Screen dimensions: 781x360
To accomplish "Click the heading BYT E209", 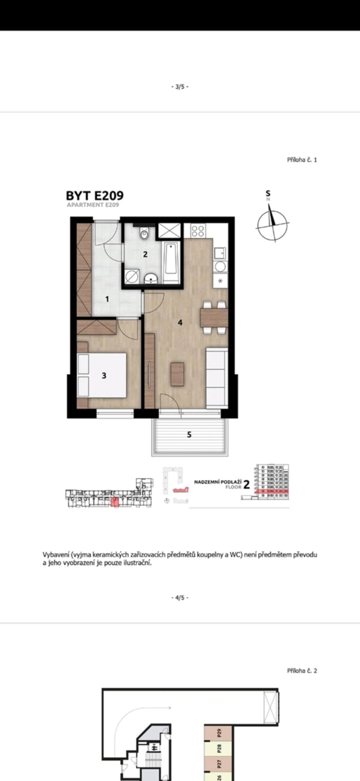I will coord(94,195).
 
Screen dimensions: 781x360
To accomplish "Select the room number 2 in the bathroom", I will coord(145,254).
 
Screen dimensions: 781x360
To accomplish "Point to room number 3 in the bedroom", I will coord(104,375).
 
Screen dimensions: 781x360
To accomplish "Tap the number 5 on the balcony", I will coord(189,435).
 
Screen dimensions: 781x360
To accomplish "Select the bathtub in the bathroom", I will coord(171,262).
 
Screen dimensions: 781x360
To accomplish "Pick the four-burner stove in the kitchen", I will coord(198,230).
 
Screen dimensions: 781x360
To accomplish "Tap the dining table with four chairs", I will coord(214,317).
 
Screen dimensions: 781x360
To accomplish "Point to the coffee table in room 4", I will coord(177,374).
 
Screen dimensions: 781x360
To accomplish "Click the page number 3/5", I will coord(180,86).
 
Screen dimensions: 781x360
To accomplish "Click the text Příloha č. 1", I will coord(302,159).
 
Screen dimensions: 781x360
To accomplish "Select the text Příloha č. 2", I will coord(302,670).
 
